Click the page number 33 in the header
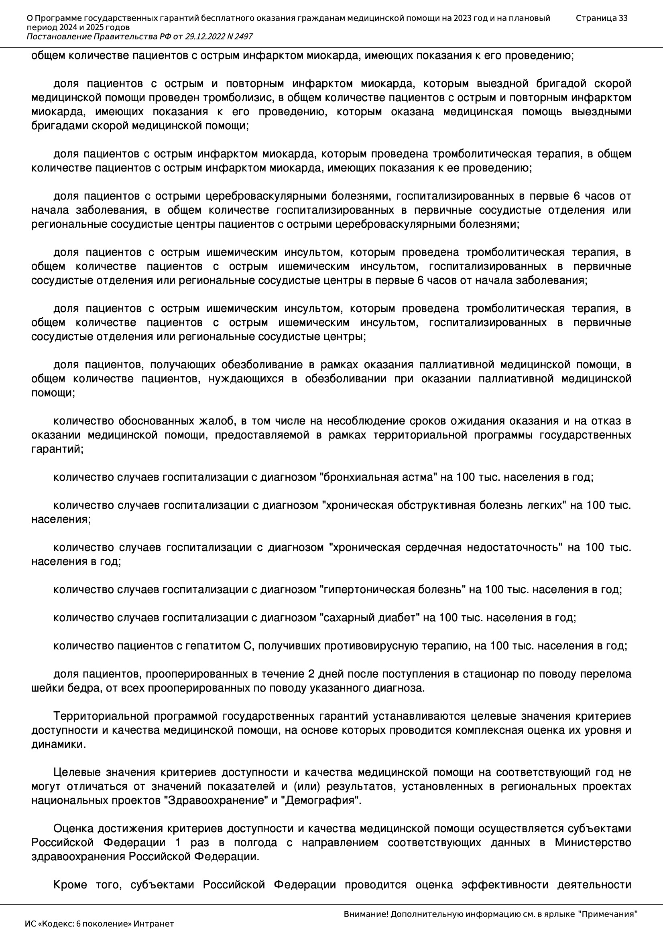point(623,18)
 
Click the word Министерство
point(593,843)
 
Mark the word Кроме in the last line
point(70,885)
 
